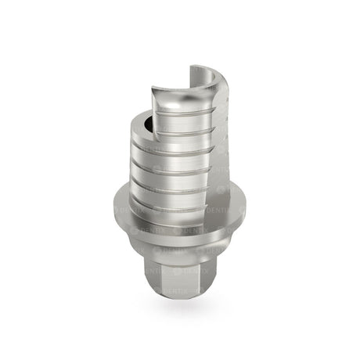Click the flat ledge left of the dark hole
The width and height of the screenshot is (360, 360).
click(x=138, y=125)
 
